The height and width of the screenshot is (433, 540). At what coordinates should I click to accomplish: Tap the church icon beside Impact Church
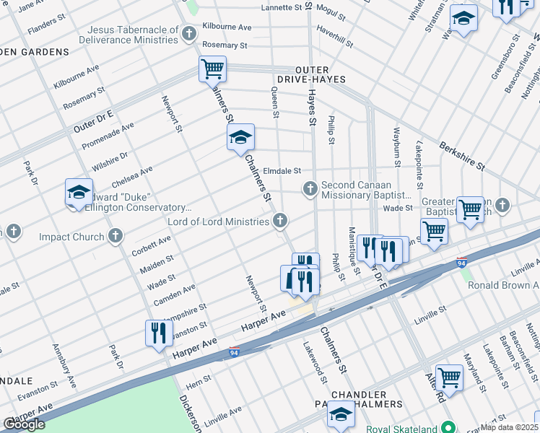[116, 236]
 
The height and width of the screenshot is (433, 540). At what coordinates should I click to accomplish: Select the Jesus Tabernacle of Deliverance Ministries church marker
[188, 34]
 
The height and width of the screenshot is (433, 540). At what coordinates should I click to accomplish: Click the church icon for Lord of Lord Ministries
[279, 222]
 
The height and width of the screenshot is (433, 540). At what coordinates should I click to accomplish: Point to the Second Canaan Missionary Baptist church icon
[310, 189]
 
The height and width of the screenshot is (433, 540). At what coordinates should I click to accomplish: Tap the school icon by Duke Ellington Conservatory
[79, 193]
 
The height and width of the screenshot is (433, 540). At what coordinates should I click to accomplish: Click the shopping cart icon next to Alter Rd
[449, 377]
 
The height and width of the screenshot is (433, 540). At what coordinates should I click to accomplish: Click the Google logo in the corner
[24, 424]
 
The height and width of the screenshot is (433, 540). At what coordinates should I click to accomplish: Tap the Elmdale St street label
[282, 171]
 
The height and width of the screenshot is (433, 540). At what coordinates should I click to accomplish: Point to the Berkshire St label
[461, 155]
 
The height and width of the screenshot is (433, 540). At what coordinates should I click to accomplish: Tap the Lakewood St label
[315, 362]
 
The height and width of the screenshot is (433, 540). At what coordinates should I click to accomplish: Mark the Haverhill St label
[334, 38]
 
